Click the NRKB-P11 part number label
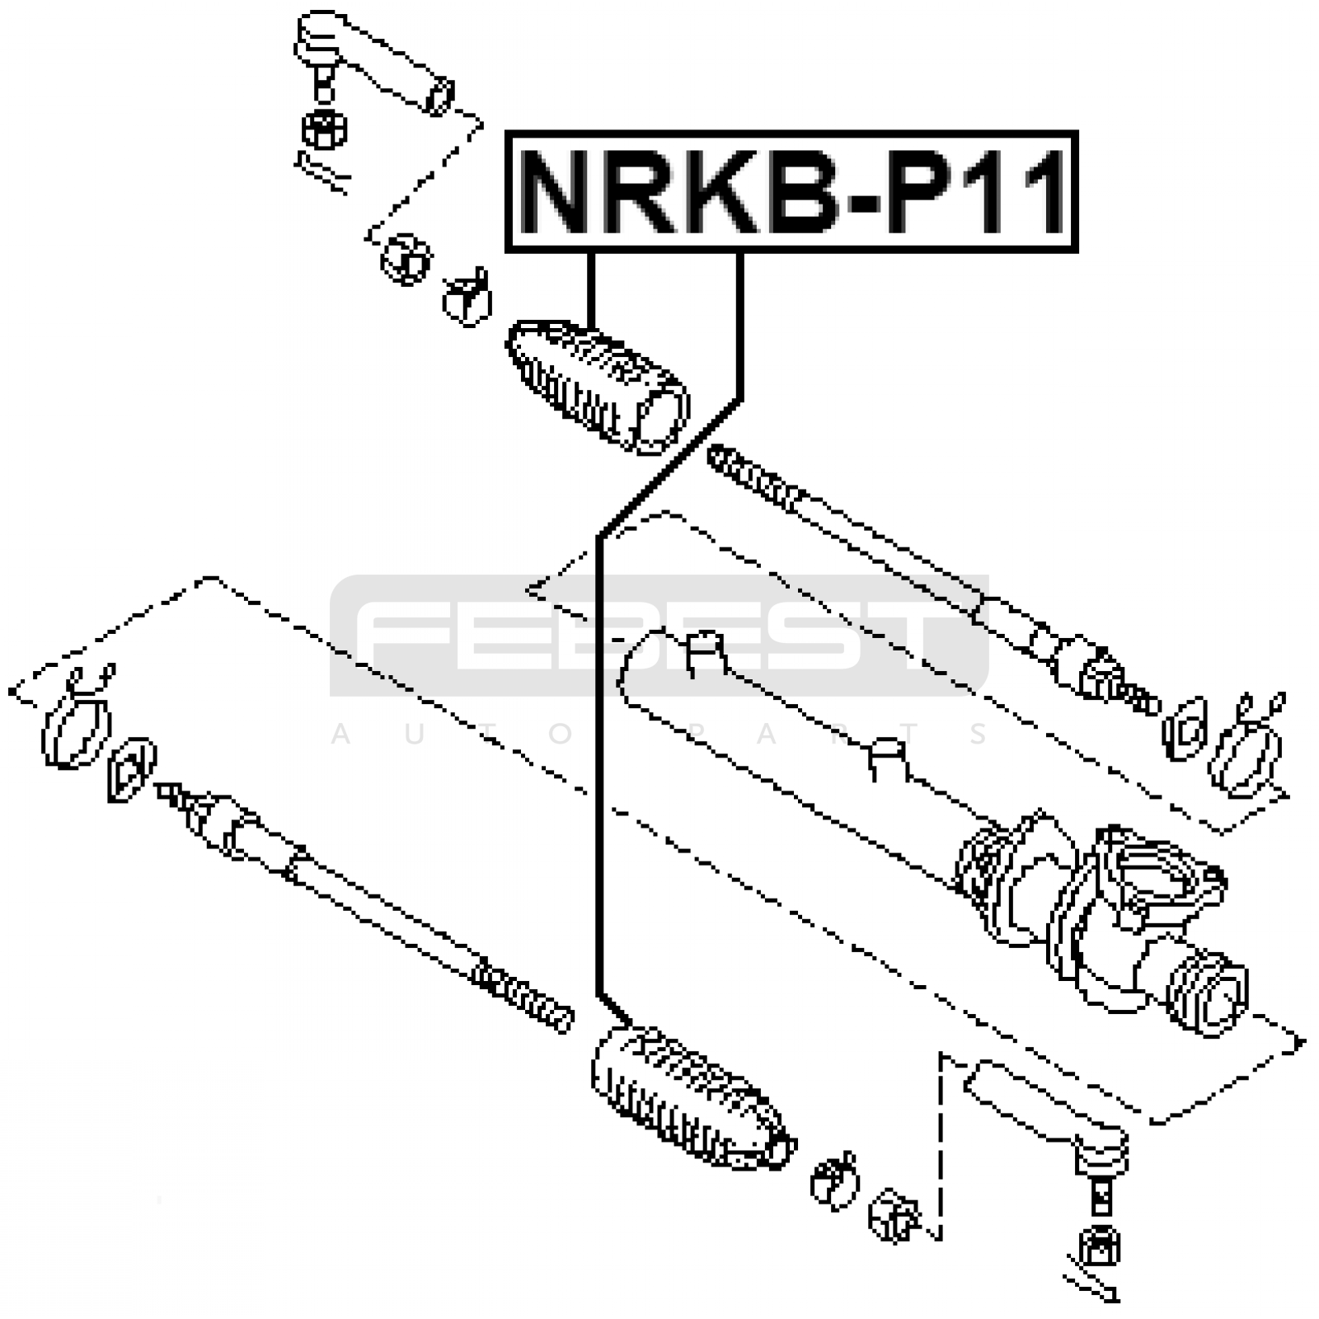[x=791, y=191]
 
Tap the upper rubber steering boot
[x=598, y=386]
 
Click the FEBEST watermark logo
[x=659, y=635]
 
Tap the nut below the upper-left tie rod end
[x=324, y=129]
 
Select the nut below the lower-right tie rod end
[x=1099, y=1246]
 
